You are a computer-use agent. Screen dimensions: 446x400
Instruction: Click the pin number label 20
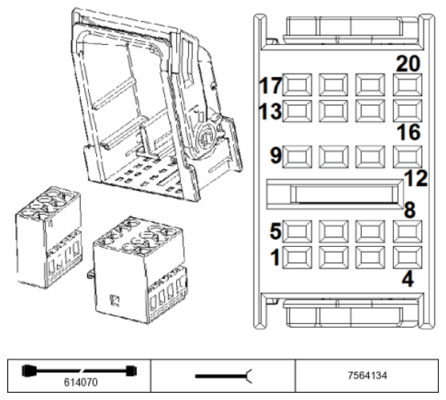tap(408, 64)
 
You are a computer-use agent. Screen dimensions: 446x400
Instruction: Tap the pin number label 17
tap(271, 86)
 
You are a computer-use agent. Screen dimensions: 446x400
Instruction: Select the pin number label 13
tap(270, 111)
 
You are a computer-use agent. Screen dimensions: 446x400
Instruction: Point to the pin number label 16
tap(408, 132)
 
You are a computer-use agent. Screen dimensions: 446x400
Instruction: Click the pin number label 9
tap(275, 156)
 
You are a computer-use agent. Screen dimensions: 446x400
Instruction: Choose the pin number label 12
tap(416, 179)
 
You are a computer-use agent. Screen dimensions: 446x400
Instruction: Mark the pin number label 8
tap(410, 210)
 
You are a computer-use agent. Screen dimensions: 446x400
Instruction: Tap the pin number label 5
tap(275, 231)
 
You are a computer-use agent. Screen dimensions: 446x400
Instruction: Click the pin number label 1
tap(275, 257)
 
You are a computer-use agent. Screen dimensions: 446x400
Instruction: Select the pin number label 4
tap(408, 279)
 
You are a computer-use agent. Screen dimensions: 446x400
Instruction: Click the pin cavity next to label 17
tap(297, 85)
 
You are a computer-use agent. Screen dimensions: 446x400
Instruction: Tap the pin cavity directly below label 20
tap(408, 85)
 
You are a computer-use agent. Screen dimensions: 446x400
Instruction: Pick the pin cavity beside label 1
tap(297, 257)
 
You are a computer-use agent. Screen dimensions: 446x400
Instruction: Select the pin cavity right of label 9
tap(297, 156)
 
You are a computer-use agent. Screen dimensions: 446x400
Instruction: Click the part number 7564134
tap(368, 375)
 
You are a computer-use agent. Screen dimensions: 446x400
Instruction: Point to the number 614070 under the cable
tap(81, 382)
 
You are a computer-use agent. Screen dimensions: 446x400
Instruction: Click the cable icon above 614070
tap(79, 371)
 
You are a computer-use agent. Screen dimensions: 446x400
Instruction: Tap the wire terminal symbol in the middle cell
tap(223, 376)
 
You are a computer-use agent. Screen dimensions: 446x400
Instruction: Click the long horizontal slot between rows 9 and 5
tap(335, 195)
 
